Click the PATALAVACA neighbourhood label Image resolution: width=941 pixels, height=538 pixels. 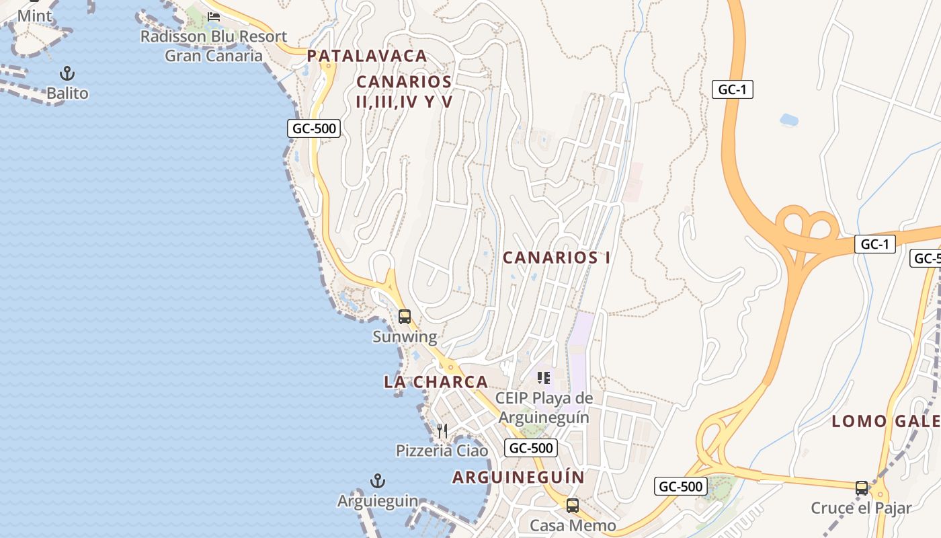[x=367, y=56]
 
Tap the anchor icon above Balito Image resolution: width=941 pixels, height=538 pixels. [x=67, y=73]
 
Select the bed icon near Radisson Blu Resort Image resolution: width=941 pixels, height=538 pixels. [x=214, y=17]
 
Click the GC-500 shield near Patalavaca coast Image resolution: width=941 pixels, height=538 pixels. [x=314, y=128]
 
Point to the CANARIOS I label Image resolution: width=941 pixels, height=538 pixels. [x=557, y=258]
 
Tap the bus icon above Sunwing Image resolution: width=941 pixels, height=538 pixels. [x=404, y=317]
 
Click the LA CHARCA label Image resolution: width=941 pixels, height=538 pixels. [x=436, y=382]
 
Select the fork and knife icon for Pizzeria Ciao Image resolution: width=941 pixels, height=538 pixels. [x=442, y=430]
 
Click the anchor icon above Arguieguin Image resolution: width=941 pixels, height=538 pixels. [x=378, y=481]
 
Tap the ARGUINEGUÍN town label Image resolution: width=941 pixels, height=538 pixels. [x=518, y=477]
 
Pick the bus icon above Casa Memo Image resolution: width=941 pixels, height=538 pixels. [x=573, y=506]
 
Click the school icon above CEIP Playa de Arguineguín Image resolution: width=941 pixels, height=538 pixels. [x=544, y=378]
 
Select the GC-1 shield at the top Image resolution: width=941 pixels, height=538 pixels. [x=733, y=89]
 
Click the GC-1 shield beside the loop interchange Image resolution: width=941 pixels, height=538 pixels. [x=875, y=244]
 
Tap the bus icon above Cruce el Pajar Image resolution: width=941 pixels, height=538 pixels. [x=861, y=488]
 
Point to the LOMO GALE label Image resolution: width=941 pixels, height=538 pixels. [x=886, y=422]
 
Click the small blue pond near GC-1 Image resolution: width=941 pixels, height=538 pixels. [x=789, y=120]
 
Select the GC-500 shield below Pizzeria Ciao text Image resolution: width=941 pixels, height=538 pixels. [x=531, y=448]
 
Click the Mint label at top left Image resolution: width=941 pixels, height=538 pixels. [x=34, y=15]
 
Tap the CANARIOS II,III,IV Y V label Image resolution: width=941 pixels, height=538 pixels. [x=404, y=91]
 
